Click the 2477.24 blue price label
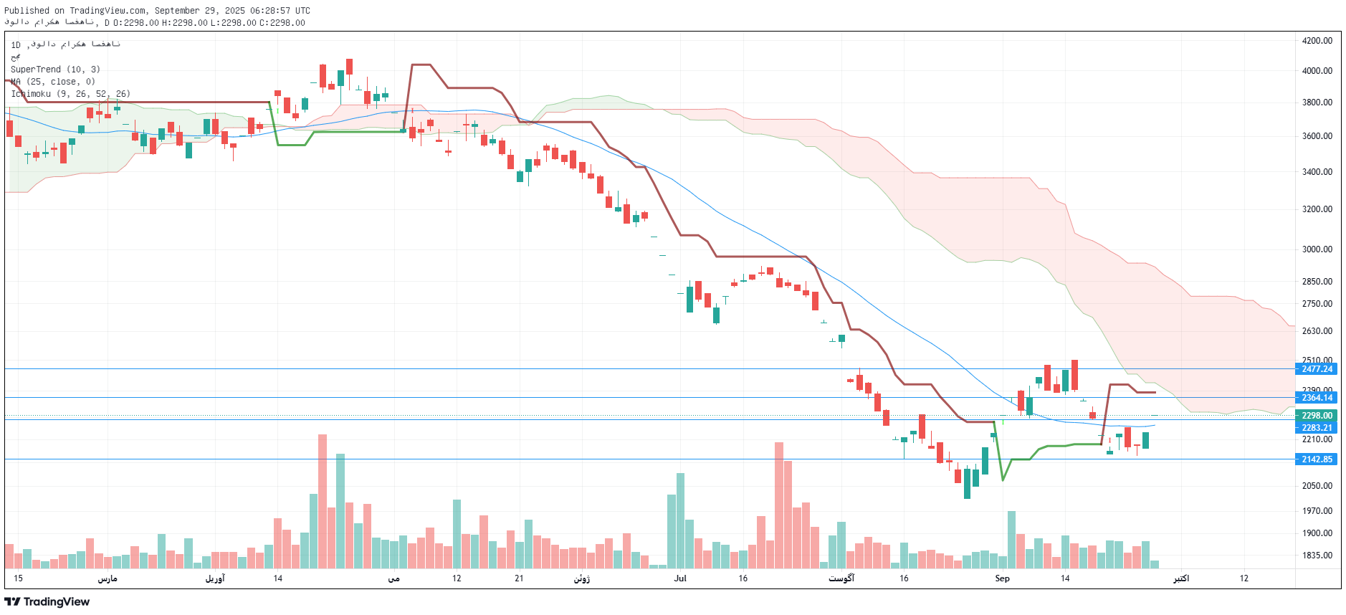pyautogui.click(x=1317, y=369)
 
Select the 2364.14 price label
pyautogui.click(x=1317, y=398)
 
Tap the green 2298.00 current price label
pyautogui.click(x=1317, y=416)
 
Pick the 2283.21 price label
pyautogui.click(x=1317, y=428)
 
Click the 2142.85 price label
pyautogui.click(x=1317, y=459)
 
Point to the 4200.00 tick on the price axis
pyautogui.click(x=1317, y=41)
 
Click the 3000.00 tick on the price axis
pyautogui.click(x=1317, y=249)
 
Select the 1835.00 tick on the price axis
pyautogui.click(x=1317, y=556)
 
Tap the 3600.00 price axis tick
pyautogui.click(x=1317, y=136)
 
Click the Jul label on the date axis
pyautogui.click(x=680, y=578)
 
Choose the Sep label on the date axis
pyautogui.click(x=1002, y=578)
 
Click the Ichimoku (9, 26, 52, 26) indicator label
pyautogui.click(x=70, y=94)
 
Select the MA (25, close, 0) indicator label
pyautogui.click(x=53, y=82)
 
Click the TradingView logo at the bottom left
pyautogui.click(x=47, y=602)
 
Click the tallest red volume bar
pyautogui.click(x=322, y=502)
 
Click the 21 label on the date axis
pyautogui.click(x=519, y=578)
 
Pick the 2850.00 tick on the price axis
pyautogui.click(x=1317, y=282)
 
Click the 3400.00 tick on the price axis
pyautogui.click(x=1317, y=172)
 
